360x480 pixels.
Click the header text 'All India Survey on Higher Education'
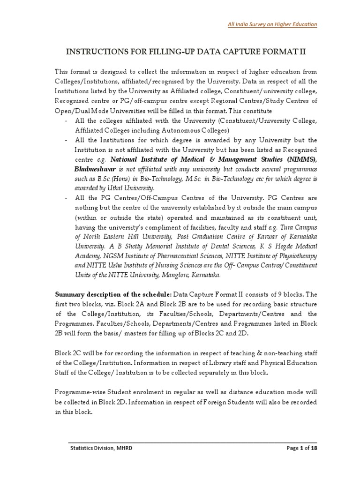(x=279, y=24)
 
